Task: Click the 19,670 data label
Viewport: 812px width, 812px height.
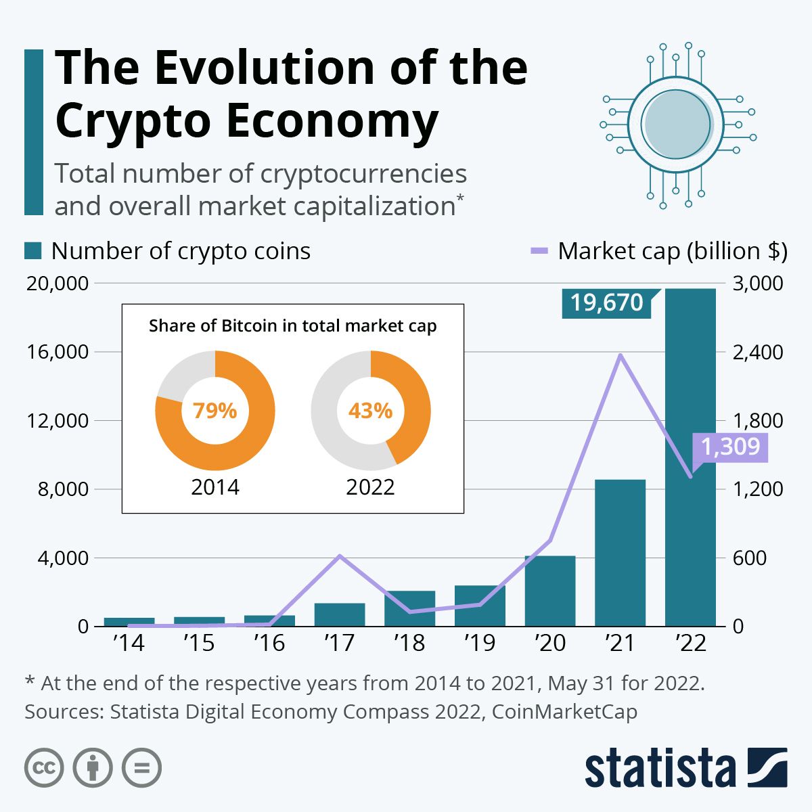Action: point(606,302)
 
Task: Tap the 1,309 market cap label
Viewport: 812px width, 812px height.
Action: point(731,447)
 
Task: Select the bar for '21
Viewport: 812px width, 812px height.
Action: point(620,552)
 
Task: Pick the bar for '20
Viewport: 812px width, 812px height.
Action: point(549,591)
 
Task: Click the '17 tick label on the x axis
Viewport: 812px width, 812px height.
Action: point(339,642)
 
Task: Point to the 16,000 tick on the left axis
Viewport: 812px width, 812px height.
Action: point(58,352)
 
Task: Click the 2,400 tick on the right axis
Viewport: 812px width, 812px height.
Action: point(757,352)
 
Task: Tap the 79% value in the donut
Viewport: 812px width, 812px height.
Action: point(215,411)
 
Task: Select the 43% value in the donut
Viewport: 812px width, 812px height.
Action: point(370,411)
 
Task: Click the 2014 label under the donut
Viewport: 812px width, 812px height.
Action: point(215,487)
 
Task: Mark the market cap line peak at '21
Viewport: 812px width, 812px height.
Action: point(620,355)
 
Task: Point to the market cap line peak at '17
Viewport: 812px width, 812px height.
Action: point(340,556)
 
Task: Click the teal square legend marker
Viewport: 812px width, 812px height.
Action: point(33,251)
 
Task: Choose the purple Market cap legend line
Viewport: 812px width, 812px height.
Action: point(539,251)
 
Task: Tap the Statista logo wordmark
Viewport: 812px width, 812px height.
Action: point(660,769)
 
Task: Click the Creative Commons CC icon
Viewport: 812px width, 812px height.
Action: point(44,768)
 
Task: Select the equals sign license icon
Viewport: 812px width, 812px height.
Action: point(141,768)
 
